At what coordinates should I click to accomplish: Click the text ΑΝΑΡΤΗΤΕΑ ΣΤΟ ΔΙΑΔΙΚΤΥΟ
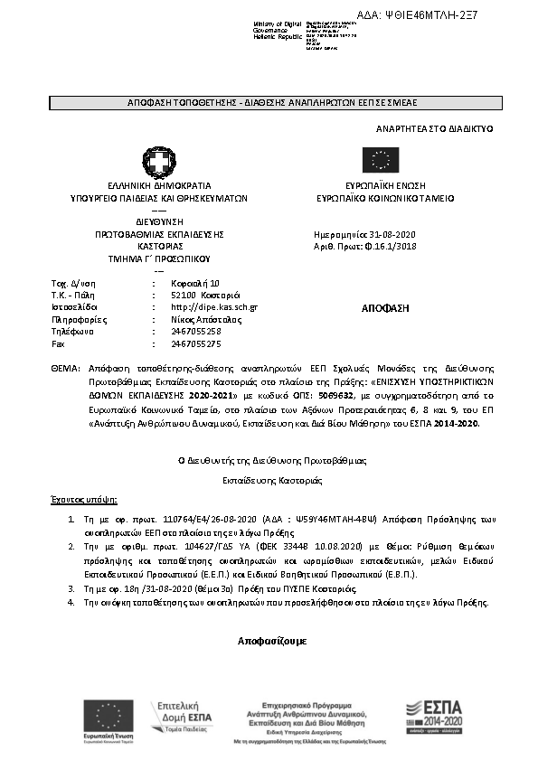coord(434,129)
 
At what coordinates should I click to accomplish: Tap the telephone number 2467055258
coord(196,332)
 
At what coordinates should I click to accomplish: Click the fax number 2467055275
coord(196,343)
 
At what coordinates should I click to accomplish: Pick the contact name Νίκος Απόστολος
coord(205,319)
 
